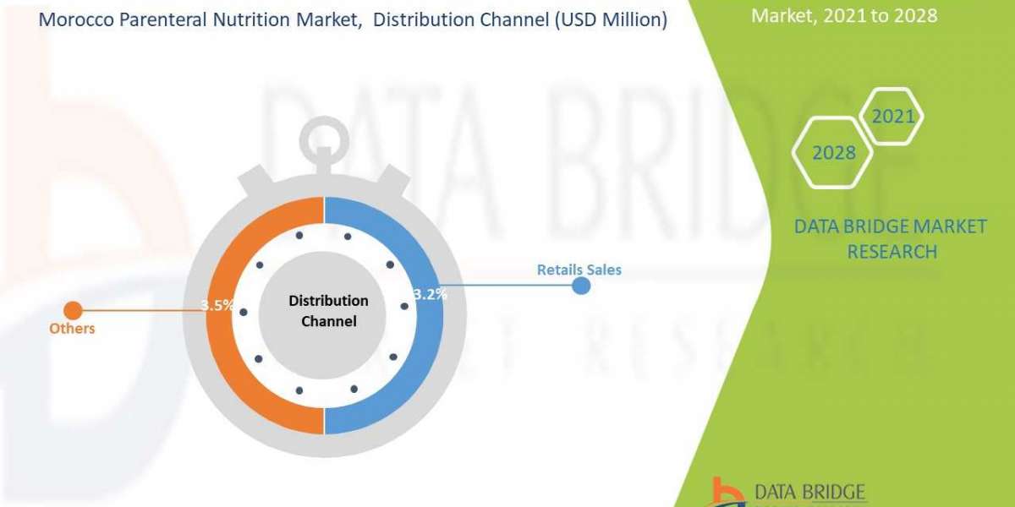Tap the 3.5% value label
[x=217, y=306]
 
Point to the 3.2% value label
[x=430, y=295]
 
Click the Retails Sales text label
[x=579, y=270]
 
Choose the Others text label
[x=71, y=328]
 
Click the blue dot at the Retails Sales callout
[x=581, y=286]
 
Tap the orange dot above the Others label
[x=74, y=310]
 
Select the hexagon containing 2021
[x=892, y=117]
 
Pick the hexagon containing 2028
[x=832, y=153]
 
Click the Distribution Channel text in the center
[x=328, y=311]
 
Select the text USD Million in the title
[x=615, y=19]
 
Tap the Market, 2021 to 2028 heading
[x=843, y=15]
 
